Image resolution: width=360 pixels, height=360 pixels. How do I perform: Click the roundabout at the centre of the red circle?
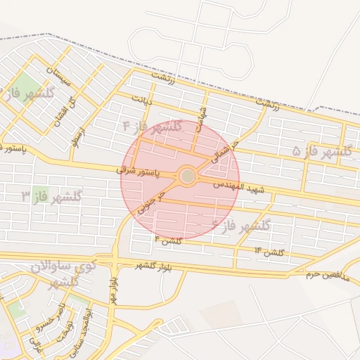tap(187, 176)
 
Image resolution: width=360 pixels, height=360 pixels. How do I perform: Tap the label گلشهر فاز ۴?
tap(153, 127)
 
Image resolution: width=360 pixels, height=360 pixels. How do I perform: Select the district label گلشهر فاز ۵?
tap(321, 151)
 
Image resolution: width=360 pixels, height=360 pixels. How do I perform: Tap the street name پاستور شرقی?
tap(138, 171)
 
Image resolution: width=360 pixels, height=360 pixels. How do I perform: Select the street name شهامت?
tap(202, 120)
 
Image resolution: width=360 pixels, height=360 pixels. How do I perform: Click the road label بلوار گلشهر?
tap(152, 266)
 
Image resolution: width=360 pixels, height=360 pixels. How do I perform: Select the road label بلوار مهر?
tap(112, 288)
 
